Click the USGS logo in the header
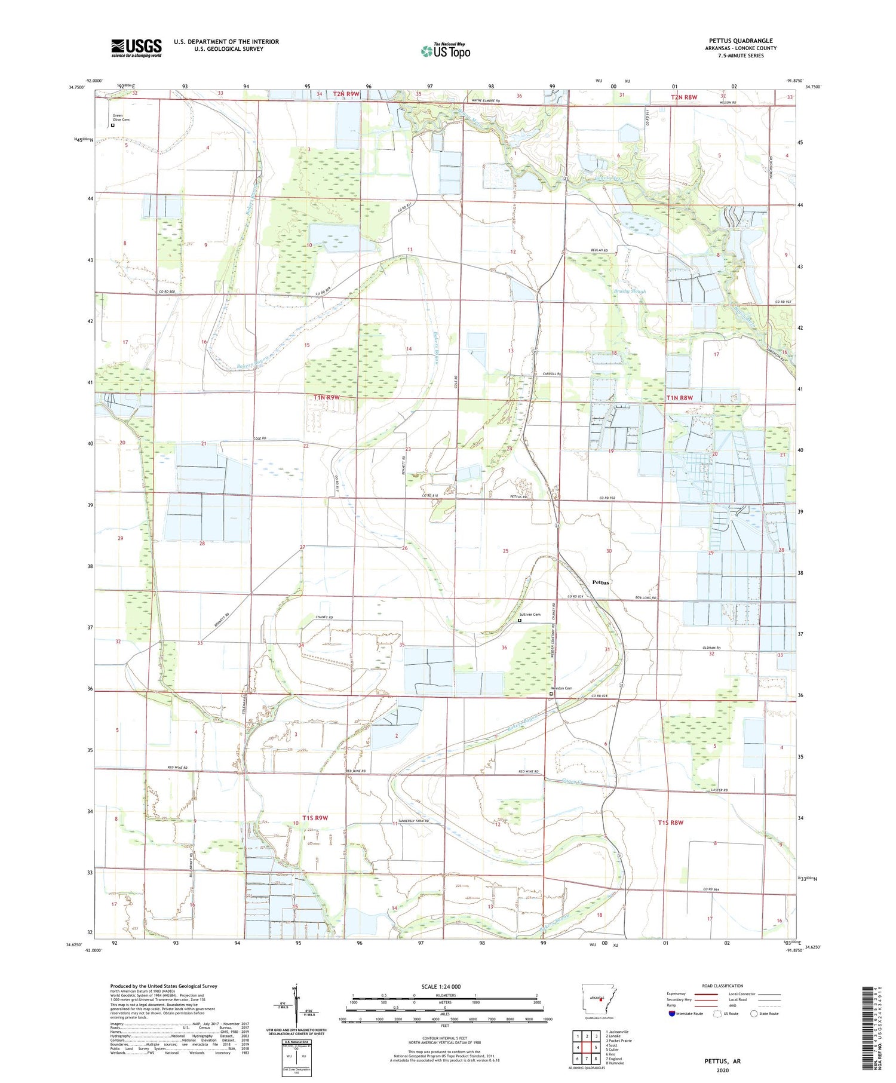(x=136, y=48)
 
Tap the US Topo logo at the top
(x=445, y=51)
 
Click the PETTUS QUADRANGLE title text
(x=740, y=41)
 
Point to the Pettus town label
(x=600, y=582)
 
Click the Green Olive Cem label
(x=121, y=118)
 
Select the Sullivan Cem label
(x=529, y=615)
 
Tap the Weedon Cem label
(x=561, y=688)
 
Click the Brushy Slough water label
(x=630, y=292)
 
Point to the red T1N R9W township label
(x=326, y=397)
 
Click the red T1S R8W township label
(x=670, y=823)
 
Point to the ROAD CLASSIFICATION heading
(x=723, y=986)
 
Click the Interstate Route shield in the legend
(x=673, y=1013)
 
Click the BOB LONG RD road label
(x=645, y=597)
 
